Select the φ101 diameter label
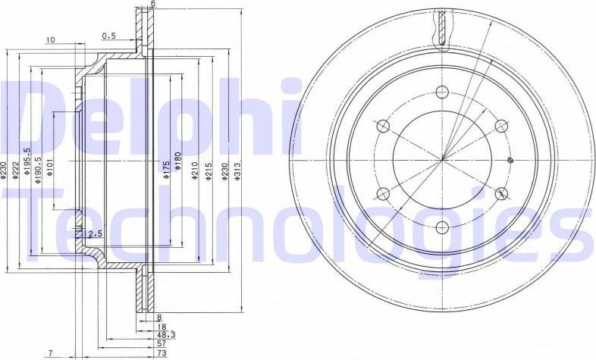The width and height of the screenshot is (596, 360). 49,168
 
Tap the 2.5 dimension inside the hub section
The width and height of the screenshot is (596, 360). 95,233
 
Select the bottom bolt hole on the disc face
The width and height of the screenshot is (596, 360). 442,226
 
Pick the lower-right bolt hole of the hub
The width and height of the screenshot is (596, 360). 500,193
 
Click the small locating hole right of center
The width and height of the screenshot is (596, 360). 510,160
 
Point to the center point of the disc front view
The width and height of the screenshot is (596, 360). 442,158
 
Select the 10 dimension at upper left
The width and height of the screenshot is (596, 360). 50,40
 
